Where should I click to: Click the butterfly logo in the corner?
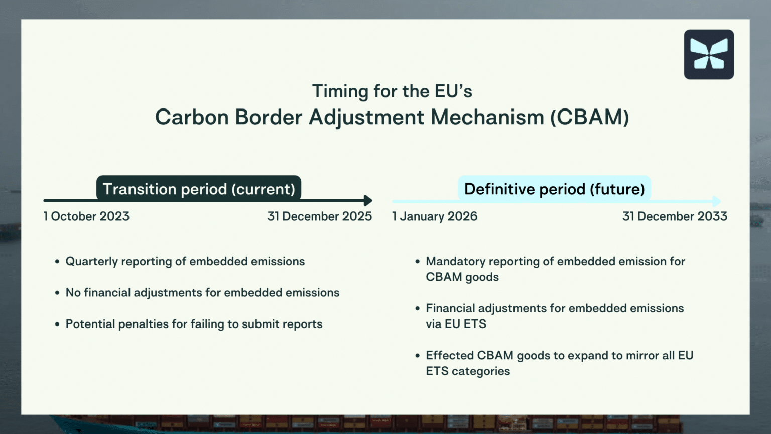click(709, 54)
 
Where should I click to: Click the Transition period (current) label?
click(199, 189)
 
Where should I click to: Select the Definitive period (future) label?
click(554, 189)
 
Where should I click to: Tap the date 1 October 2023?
click(86, 216)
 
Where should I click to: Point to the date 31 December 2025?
click(319, 216)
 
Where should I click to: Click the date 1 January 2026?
click(435, 216)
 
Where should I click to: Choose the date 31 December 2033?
click(675, 216)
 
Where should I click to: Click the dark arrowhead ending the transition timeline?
click(368, 201)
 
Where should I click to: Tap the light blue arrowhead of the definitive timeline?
click(717, 201)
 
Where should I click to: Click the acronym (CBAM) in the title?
click(589, 117)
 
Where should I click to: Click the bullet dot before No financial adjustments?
click(57, 293)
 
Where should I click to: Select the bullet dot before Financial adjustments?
click(417, 308)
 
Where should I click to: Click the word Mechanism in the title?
click(487, 117)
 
